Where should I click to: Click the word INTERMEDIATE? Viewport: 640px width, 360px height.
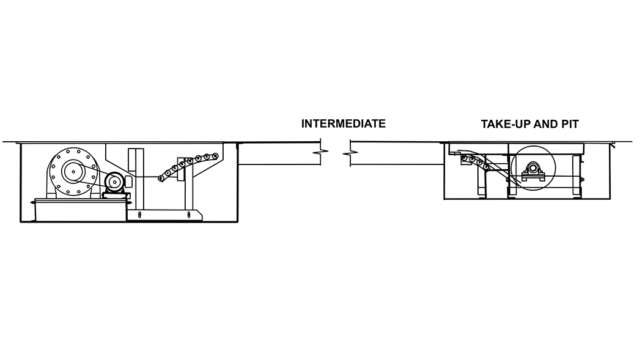pyautogui.click(x=343, y=123)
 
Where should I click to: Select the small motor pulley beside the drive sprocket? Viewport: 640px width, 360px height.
pyautogui.click(x=114, y=182)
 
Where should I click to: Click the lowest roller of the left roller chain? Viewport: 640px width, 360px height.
pyautogui.click(x=161, y=178)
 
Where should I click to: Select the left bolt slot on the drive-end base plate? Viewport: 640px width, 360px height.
pyautogui.click(x=139, y=215)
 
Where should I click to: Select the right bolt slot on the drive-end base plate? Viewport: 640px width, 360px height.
pyautogui.click(x=189, y=215)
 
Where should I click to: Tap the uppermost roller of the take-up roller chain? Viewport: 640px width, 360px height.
pyautogui.click(x=465, y=158)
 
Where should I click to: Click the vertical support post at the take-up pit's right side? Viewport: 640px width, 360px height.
pyautogui.click(x=576, y=176)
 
